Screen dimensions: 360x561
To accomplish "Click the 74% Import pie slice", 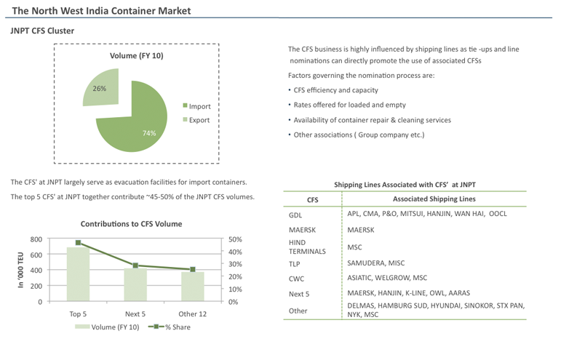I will point(135,124).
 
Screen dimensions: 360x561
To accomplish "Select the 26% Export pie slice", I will point(102,87).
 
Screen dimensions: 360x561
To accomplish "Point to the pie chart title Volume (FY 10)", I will point(136,55).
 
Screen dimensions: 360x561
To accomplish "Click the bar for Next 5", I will point(135,284).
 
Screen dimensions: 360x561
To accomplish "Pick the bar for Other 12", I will point(192,286).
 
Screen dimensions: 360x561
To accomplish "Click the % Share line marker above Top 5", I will point(78,243).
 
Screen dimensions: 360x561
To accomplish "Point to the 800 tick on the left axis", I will point(35,239).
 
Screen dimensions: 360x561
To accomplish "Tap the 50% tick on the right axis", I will point(235,239).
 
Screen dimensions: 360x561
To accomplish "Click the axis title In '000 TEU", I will point(21,270).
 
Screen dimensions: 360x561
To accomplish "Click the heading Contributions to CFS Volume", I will point(131,224).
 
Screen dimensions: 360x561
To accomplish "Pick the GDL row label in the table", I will point(295,215).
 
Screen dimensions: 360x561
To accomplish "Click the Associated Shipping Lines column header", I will point(434,199).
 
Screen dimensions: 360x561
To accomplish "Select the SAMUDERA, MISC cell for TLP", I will point(375,263).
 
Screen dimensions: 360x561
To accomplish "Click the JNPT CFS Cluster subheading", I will point(42,31).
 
